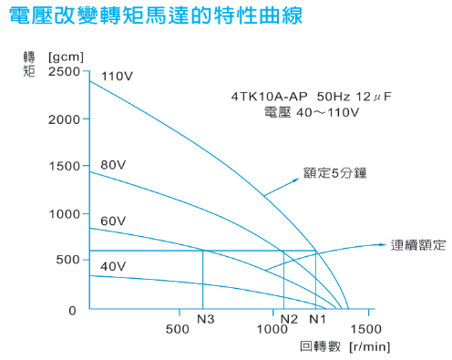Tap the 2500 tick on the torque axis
tap(64, 71)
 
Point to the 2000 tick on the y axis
tap(64, 119)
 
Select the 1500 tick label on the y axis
tap(64, 167)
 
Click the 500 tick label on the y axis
tap(67, 262)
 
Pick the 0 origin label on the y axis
tap(75, 311)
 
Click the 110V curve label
tap(117, 76)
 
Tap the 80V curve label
tap(112, 165)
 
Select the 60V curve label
tap(112, 221)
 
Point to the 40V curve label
tap(112, 266)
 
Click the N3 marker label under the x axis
tap(204, 318)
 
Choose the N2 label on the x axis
tap(289, 318)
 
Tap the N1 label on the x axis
tap(316, 318)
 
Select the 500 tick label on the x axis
tap(179, 328)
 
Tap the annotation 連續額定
tap(418, 244)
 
